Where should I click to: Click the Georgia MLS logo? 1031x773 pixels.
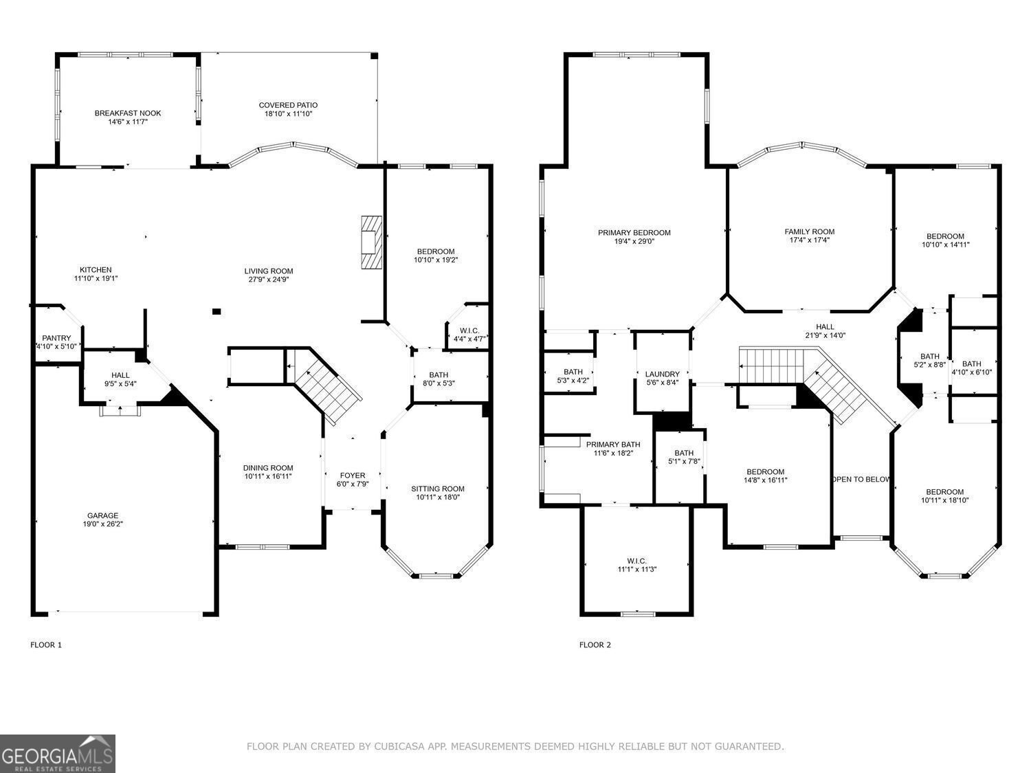point(58,754)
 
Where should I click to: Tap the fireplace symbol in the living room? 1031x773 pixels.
point(371,243)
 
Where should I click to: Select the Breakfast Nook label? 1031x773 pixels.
point(128,113)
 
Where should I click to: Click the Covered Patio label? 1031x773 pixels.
point(288,105)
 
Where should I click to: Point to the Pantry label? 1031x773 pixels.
point(56,338)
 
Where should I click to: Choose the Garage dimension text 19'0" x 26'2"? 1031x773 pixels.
point(102,524)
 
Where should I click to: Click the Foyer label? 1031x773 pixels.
point(353,475)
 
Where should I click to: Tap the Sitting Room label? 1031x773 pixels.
point(438,489)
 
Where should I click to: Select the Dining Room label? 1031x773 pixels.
point(268,468)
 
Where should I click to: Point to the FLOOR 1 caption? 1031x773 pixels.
point(46,645)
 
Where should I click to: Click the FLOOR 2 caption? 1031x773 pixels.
point(595,645)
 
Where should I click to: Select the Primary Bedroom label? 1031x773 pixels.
point(634,233)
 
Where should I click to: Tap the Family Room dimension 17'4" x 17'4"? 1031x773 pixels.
point(810,240)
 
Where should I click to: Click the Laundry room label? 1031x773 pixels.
point(662,374)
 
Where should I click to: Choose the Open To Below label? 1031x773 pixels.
point(861,480)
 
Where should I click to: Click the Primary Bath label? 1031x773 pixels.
point(613,445)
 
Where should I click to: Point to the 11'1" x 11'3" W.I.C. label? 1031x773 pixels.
point(636,569)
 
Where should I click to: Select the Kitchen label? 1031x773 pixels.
point(96,270)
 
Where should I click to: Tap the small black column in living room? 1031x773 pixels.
point(217,311)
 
